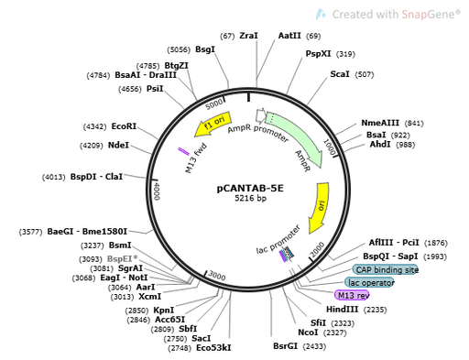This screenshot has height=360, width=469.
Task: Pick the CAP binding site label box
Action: [386, 270]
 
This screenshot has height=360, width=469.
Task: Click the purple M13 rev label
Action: [352, 295]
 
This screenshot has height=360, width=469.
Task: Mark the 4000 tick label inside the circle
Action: [157, 191]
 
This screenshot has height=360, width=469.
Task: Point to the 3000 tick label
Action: [216, 275]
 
